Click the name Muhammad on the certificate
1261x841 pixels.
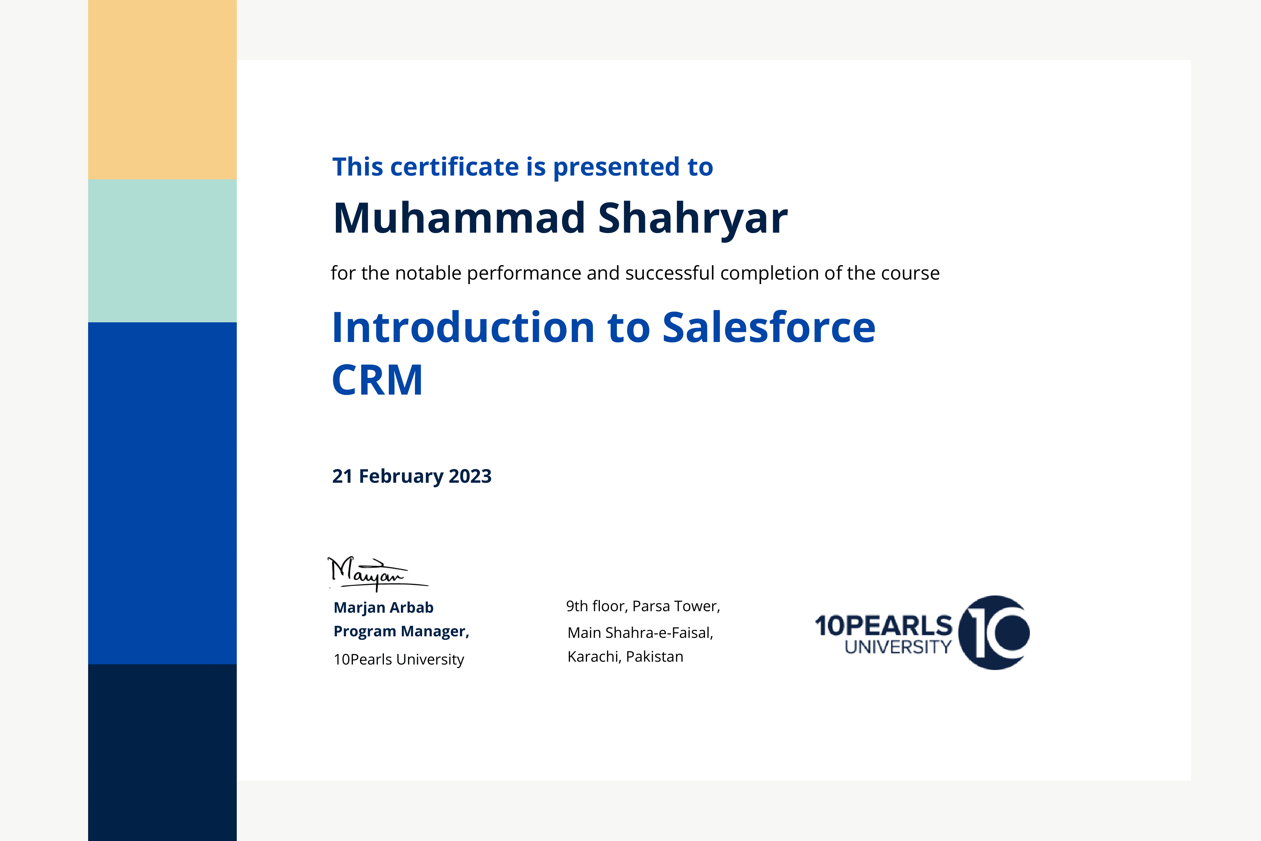click(459, 218)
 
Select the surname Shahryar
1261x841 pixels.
click(693, 220)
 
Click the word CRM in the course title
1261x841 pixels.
click(377, 380)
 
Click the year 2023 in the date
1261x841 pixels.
click(470, 476)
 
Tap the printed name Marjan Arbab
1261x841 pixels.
click(384, 608)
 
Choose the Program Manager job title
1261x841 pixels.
click(401, 632)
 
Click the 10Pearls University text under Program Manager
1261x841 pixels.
click(398, 659)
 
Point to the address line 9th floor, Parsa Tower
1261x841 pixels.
click(643, 606)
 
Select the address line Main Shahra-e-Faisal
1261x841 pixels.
click(640, 633)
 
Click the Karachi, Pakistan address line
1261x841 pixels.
click(625, 656)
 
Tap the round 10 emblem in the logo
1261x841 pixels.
click(994, 633)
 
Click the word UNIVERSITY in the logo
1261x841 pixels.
click(898, 647)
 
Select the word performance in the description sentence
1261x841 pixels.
click(524, 274)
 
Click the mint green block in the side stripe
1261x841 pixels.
click(162, 250)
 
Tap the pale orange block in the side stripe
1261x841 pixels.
click(162, 90)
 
